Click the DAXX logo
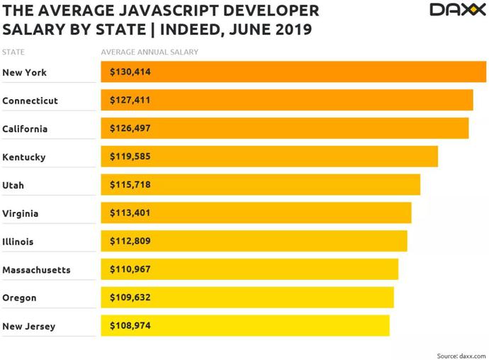click(x=458, y=10)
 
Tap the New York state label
click(x=24, y=72)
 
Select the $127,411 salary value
click(x=130, y=100)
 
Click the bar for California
click(x=285, y=128)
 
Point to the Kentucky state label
click(x=24, y=157)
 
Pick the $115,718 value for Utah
click(x=130, y=185)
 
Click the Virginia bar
click(x=256, y=213)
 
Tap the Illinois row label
click(x=18, y=242)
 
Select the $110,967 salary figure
click(x=130, y=269)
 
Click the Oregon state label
click(x=19, y=298)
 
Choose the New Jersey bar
click(x=245, y=326)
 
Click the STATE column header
click(x=13, y=52)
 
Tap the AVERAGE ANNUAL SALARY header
click(x=150, y=52)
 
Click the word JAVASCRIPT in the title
click(x=169, y=11)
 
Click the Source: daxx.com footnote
click(x=461, y=356)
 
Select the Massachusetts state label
click(x=36, y=270)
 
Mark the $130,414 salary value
click(x=130, y=72)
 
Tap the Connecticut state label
click(x=30, y=101)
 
